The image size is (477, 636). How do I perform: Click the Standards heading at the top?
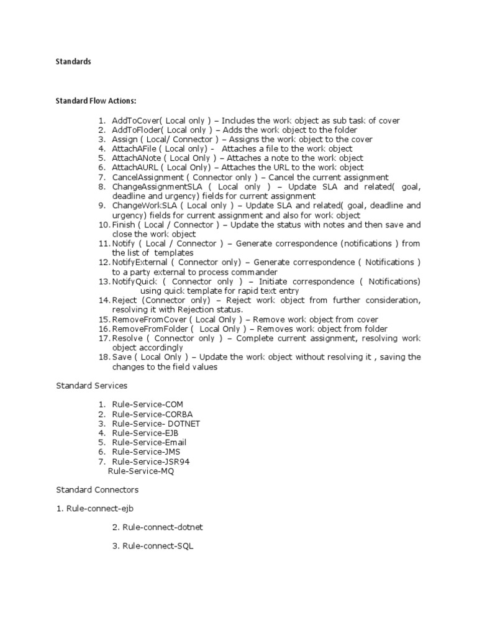(73, 62)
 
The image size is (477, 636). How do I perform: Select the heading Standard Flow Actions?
(96, 101)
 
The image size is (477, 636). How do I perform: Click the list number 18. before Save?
(104, 357)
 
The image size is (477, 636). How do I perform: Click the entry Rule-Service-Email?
(149, 442)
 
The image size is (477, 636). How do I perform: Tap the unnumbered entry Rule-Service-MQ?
(141, 471)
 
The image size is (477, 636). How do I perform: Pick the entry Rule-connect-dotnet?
(163, 527)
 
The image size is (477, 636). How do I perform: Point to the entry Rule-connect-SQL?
(158, 547)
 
